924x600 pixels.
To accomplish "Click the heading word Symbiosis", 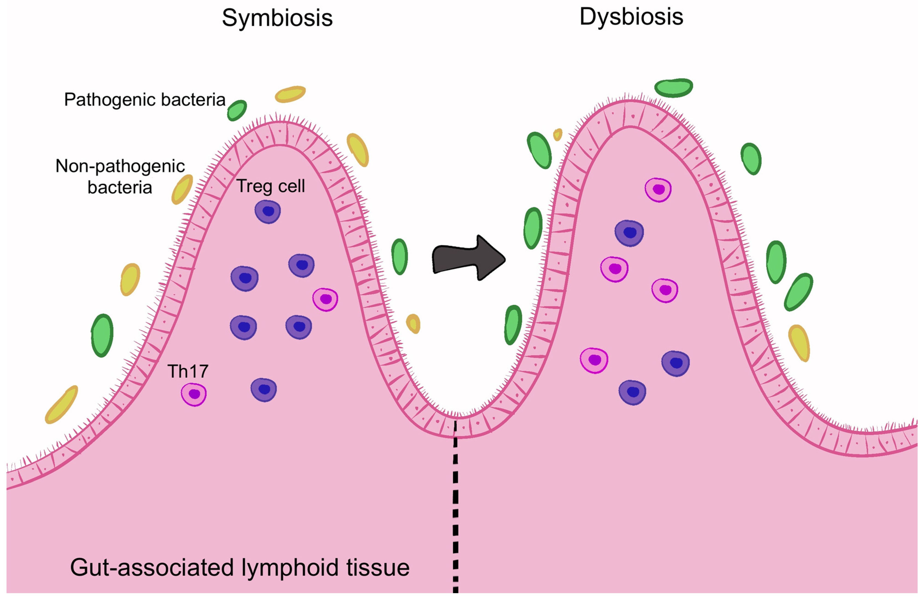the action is (x=277, y=18).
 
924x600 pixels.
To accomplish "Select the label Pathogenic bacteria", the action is (x=145, y=100).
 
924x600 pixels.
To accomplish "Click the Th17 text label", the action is (x=188, y=371).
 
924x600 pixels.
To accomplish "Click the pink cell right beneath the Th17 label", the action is (x=194, y=394).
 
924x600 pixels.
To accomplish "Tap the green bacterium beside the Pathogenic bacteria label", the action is (x=237, y=111).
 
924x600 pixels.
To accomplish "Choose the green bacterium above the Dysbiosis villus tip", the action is (x=674, y=88).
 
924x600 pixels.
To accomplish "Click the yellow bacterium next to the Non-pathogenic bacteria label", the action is (x=182, y=189).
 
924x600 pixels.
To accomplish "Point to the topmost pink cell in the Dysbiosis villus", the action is (x=658, y=190).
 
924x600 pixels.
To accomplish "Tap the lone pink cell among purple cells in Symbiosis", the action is (x=325, y=299).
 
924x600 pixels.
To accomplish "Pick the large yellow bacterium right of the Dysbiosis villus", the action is (x=799, y=343).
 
